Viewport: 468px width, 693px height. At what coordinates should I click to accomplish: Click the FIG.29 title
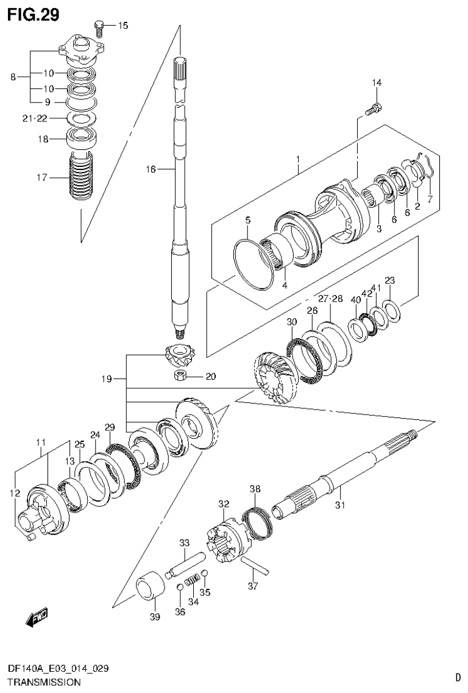tap(34, 15)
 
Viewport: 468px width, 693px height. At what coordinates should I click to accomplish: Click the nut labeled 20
tap(182, 376)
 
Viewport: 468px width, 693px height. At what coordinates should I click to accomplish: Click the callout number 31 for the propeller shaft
tap(340, 504)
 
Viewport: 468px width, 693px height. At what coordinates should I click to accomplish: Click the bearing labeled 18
tap(82, 138)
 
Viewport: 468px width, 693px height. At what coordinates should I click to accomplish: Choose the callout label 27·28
tap(330, 299)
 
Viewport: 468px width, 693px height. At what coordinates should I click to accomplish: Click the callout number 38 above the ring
tap(255, 489)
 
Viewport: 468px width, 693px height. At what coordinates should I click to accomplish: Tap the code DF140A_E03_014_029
tap(59, 669)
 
